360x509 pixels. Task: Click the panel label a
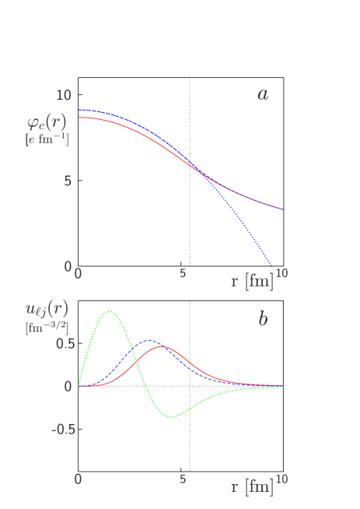coord(263,95)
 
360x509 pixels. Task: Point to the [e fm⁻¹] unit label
coord(47,139)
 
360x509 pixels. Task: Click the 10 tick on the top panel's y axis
coord(64,95)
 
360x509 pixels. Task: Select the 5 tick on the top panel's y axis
coord(68,181)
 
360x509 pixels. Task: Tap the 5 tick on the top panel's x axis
coord(183,273)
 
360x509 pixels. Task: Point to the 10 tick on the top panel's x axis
coord(281,273)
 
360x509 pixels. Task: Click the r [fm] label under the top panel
coord(252,281)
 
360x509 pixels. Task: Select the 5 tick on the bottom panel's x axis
coord(183,479)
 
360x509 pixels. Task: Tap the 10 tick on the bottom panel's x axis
coord(281,479)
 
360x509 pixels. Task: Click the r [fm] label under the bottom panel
coord(252,487)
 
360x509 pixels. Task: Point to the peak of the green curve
coord(110,311)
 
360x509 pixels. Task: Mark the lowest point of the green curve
coord(172,416)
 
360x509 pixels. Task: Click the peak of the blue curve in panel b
coord(149,340)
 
